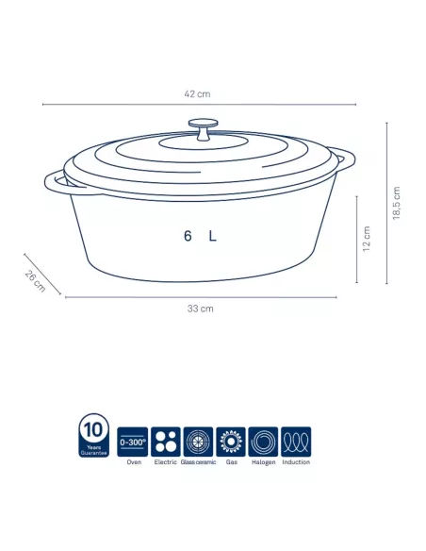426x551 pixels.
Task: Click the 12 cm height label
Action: pos(367,239)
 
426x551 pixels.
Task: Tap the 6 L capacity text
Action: pos(201,237)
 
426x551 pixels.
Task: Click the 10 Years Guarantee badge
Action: pos(94,435)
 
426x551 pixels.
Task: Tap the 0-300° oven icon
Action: pos(133,441)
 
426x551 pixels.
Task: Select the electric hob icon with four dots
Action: pos(166,441)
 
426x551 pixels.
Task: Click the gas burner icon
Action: pos(231,441)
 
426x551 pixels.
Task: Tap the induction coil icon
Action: pos(296,441)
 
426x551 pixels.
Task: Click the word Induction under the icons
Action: pos(296,462)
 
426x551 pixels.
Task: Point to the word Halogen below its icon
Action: pos(263,462)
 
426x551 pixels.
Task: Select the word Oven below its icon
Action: pos(133,462)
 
